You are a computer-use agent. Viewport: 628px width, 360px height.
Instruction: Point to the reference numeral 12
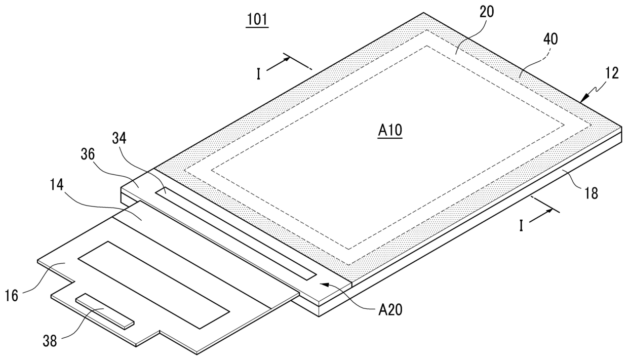[612, 73]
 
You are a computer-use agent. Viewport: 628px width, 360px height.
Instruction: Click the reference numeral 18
[591, 193]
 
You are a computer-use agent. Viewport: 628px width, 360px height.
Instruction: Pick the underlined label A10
[390, 131]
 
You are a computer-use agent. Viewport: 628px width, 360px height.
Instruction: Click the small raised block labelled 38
[104, 310]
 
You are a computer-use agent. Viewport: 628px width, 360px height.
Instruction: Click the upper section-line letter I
[258, 74]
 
